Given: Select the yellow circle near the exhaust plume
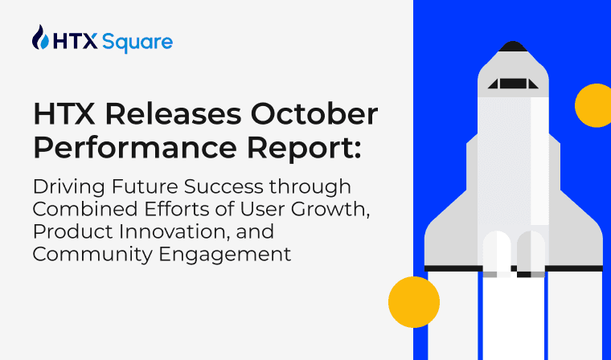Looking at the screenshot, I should (413, 301).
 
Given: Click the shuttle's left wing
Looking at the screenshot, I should (447, 237).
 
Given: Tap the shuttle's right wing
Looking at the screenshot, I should (580, 237).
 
